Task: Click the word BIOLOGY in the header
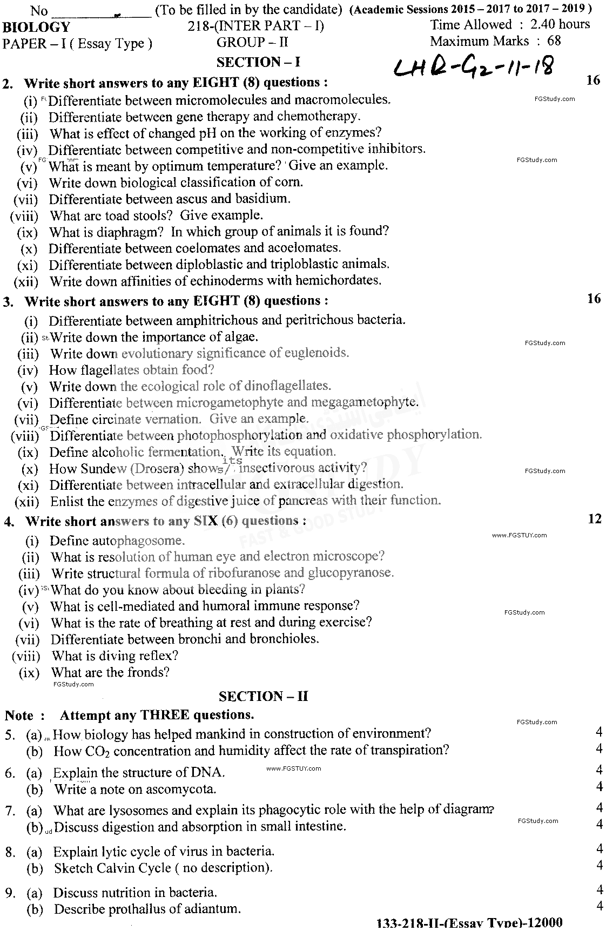point(36,28)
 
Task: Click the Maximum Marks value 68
point(554,41)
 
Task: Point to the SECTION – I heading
point(258,62)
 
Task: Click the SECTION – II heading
point(264,696)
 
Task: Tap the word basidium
point(263,198)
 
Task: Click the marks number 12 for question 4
point(594,519)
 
